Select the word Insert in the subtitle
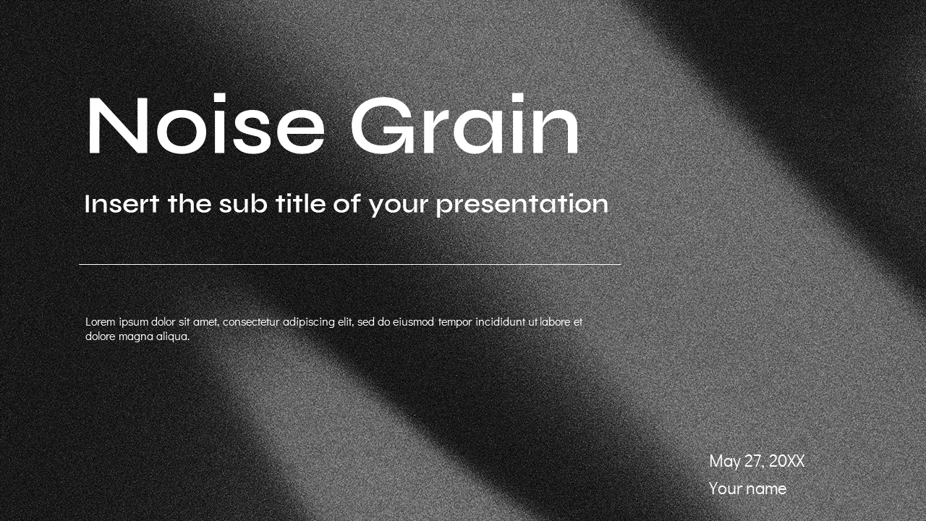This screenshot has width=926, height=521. click(122, 204)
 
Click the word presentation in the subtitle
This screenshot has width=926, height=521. click(522, 205)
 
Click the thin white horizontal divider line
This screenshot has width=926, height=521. click(349, 264)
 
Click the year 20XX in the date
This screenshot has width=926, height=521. click(786, 461)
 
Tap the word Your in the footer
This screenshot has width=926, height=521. click(726, 489)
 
